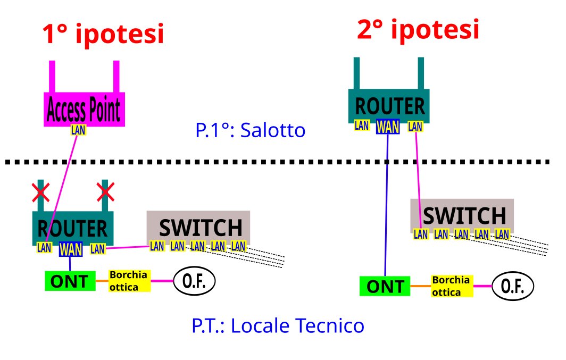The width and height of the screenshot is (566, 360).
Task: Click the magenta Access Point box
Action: click(84, 110)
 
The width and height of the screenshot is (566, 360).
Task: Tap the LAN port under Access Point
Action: click(78, 130)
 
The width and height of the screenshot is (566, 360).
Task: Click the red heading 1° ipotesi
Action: click(103, 35)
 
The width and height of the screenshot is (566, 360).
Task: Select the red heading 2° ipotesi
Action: click(418, 30)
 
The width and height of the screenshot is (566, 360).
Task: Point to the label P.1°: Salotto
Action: click(251, 130)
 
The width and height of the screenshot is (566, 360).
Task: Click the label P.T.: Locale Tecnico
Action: click(278, 325)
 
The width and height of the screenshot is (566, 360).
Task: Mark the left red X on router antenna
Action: click(40, 192)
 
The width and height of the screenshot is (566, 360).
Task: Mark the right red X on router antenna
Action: click(105, 192)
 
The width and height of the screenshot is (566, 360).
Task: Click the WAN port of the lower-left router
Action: click(70, 249)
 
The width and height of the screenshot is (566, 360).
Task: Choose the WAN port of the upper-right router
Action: click(388, 127)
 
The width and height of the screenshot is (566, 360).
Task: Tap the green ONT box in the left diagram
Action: click(70, 281)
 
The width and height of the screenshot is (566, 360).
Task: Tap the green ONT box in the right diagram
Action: click(386, 287)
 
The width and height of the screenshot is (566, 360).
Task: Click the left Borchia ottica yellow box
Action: click(129, 281)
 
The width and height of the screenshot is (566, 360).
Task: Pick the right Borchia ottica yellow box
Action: click(452, 286)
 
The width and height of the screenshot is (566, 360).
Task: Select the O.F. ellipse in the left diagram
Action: click(194, 281)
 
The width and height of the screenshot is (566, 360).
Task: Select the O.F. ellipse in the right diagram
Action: click(512, 287)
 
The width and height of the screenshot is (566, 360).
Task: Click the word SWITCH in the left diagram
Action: click(201, 228)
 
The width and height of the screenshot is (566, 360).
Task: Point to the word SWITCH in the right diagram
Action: click(464, 216)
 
